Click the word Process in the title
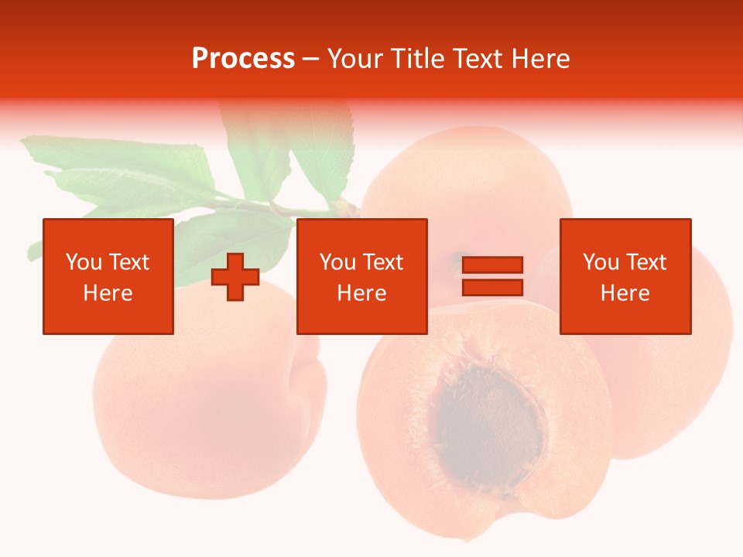[x=243, y=59]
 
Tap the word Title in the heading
[x=416, y=59]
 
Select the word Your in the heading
[x=354, y=59]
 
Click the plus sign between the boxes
[x=235, y=277]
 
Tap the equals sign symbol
[x=492, y=276]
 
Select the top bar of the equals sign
[x=492, y=265]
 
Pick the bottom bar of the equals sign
[x=492, y=287]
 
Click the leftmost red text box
[x=108, y=276]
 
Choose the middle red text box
[x=361, y=276]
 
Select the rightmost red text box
[x=625, y=276]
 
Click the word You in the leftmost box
[x=84, y=262]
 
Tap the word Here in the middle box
[x=361, y=293]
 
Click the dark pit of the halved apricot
[x=489, y=422]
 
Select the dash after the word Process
[x=311, y=60]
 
